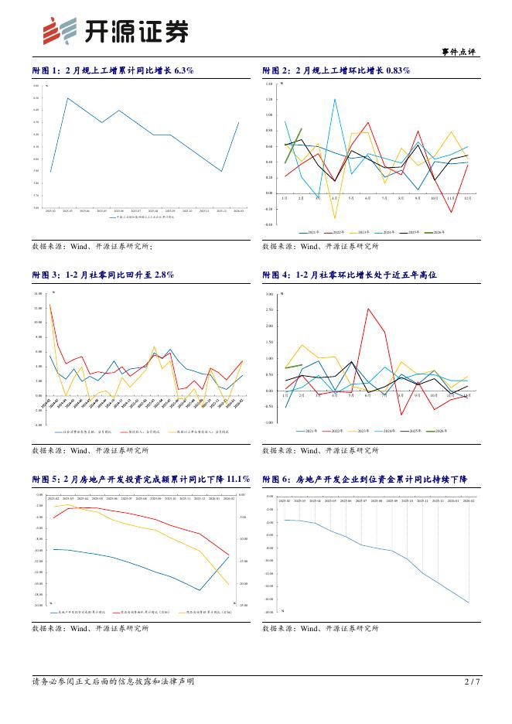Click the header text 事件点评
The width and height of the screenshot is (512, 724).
(x=459, y=52)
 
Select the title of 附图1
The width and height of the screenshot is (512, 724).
(x=113, y=70)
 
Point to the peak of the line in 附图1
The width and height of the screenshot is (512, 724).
(x=68, y=98)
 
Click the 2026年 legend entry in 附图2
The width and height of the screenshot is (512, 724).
(x=437, y=232)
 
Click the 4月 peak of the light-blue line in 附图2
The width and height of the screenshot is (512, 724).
(x=335, y=99)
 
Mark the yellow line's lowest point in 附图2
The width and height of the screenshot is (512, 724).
(x=335, y=218)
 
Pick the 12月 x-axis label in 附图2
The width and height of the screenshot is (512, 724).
(x=467, y=199)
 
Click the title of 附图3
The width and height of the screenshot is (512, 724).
(x=103, y=275)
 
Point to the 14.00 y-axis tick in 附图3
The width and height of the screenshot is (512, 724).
(x=38, y=295)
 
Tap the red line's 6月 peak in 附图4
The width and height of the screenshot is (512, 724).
(x=368, y=309)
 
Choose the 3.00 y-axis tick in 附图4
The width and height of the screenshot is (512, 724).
(x=269, y=295)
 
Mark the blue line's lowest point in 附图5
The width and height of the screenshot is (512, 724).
(x=201, y=591)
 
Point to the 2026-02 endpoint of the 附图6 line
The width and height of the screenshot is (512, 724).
(x=469, y=603)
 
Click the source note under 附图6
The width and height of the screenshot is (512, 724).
(x=320, y=629)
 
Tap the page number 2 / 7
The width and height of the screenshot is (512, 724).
(x=472, y=681)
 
